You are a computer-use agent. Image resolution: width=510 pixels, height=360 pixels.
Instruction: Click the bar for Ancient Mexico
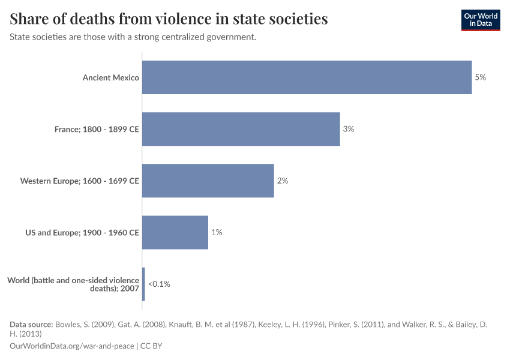[307, 77]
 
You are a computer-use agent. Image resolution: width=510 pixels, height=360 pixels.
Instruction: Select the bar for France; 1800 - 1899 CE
[241, 129]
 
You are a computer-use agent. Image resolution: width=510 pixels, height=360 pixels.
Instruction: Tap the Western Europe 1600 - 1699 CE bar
[208, 181]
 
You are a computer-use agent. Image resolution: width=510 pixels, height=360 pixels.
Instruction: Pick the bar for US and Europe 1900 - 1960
[175, 232]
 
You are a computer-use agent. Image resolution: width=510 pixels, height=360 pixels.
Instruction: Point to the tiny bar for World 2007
[143, 284]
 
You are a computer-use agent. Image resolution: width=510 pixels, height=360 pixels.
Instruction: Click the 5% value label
[480, 77]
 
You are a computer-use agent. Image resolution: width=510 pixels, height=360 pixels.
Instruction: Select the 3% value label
[348, 129]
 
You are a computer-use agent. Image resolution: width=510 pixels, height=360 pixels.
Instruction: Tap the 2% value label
[282, 181]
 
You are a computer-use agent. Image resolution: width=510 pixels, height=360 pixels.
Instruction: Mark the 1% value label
[216, 232]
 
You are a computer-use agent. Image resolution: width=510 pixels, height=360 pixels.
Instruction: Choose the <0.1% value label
[159, 284]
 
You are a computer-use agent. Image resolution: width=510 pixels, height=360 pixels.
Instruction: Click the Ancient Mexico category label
[111, 77]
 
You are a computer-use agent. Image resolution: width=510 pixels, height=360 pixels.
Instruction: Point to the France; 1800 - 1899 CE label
[97, 129]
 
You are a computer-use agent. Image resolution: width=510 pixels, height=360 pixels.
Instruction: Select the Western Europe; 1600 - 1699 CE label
[80, 181]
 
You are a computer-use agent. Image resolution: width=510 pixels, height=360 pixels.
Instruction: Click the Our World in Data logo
[480, 20]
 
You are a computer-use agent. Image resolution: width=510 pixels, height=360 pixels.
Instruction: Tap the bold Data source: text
[31, 325]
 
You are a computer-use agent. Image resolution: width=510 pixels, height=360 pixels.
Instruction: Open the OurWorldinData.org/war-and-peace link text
[72, 346]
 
